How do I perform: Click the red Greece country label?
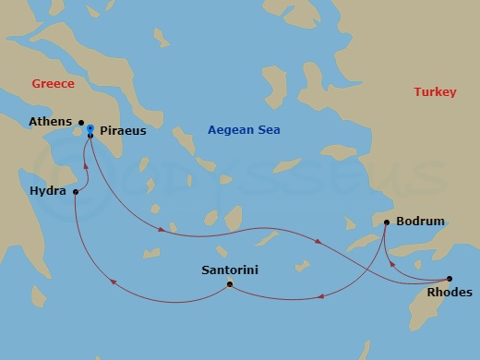53,84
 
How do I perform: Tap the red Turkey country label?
434,92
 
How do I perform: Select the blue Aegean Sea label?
244,130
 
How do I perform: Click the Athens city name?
51,122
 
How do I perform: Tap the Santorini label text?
229,270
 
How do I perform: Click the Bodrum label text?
420,222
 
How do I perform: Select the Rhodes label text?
450,293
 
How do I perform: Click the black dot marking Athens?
81,122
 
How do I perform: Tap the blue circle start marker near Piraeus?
90,127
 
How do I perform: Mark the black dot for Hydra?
74,193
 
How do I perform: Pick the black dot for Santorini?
229,283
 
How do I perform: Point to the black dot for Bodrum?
385,222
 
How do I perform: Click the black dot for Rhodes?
449,279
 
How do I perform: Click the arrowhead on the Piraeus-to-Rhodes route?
318,242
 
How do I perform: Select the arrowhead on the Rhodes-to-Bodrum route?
394,263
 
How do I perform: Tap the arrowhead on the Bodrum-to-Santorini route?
318,297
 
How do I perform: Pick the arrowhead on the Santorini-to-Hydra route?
113,283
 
